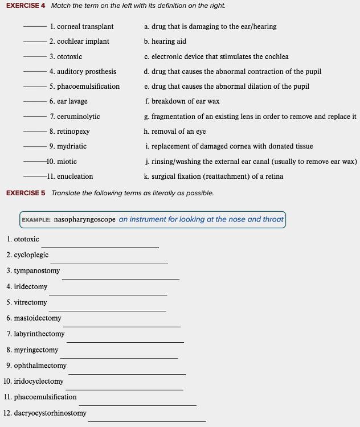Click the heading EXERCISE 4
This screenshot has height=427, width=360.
click(x=26, y=6)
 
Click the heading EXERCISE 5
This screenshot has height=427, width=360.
click(x=26, y=193)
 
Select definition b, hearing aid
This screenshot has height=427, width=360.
click(x=165, y=42)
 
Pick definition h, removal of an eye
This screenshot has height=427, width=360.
click(x=175, y=132)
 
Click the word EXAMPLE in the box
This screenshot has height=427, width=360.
click(x=36, y=220)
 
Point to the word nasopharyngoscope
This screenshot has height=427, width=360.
click(x=85, y=220)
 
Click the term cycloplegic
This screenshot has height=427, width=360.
click(x=31, y=255)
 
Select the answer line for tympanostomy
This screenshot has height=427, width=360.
click(x=121, y=279)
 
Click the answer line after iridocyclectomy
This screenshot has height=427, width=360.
click(x=125, y=389)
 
